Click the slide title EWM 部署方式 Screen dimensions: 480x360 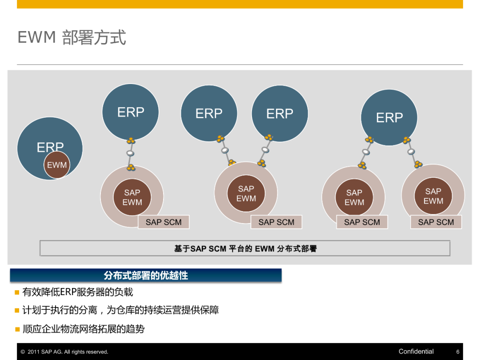point(72,37)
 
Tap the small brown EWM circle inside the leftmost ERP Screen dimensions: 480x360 point(57,165)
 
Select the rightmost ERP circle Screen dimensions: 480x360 point(389,117)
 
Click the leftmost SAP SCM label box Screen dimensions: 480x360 point(164,222)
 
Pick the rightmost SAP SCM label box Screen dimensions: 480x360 point(436,222)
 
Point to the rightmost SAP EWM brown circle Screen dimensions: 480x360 point(433,196)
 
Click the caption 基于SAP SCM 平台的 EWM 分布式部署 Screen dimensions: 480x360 point(245,249)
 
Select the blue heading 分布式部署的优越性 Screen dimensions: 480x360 point(146,276)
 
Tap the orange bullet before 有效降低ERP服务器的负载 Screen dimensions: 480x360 point(17,292)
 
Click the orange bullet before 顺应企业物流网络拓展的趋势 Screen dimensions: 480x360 point(17,329)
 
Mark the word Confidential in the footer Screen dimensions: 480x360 point(416,352)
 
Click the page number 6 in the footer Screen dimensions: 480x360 point(458,352)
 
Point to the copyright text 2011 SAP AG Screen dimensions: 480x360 point(67,352)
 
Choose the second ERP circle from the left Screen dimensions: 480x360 point(131,112)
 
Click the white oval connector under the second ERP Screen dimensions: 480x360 point(131,153)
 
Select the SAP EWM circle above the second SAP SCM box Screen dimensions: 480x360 point(246,194)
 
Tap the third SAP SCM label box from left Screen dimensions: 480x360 point(362,222)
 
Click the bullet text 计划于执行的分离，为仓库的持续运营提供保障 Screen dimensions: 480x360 point(120,310)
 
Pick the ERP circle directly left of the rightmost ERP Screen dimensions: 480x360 point(280,114)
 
